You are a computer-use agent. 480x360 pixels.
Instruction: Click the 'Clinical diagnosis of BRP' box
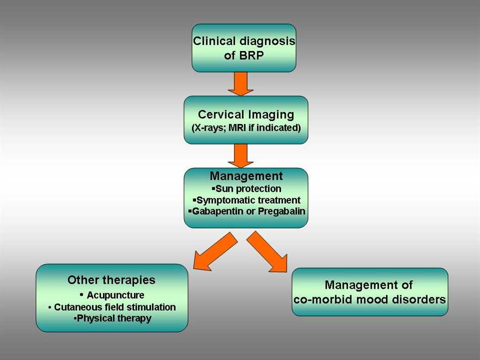(x=244, y=48)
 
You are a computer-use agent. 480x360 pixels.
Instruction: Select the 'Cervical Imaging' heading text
(x=246, y=115)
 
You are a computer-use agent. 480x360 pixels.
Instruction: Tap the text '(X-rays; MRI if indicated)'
(x=246, y=128)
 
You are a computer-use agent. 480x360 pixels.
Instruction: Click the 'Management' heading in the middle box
(x=246, y=176)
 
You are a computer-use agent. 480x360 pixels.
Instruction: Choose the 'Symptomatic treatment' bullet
(x=247, y=200)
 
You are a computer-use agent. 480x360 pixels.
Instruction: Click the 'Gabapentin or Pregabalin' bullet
(x=247, y=211)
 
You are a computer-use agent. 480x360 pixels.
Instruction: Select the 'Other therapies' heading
(x=111, y=280)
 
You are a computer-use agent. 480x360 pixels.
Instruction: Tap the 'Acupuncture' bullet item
(x=115, y=295)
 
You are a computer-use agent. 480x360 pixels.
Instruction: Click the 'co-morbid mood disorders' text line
(x=369, y=299)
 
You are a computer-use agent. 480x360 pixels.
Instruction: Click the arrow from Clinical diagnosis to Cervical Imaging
(x=241, y=83)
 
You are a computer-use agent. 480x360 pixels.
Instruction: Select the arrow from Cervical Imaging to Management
(x=241, y=156)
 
